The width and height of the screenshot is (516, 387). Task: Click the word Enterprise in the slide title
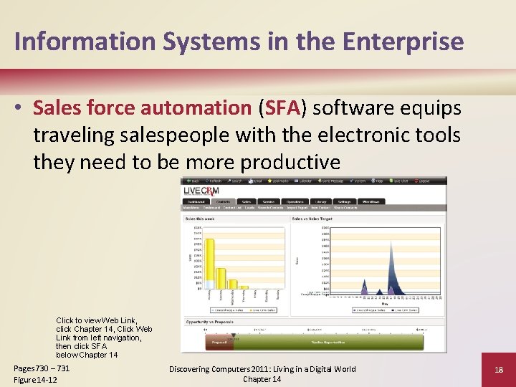click(405, 41)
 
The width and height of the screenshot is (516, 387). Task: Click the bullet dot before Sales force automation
click(21, 109)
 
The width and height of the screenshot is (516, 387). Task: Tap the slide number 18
click(499, 370)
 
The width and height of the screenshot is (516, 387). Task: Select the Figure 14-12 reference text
click(35, 379)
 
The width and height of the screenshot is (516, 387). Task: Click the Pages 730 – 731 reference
click(42, 368)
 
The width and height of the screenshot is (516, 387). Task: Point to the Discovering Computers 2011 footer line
click(262, 369)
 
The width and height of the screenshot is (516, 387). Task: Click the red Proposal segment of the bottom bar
click(219, 343)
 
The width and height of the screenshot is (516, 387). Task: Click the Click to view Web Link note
click(96, 320)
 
